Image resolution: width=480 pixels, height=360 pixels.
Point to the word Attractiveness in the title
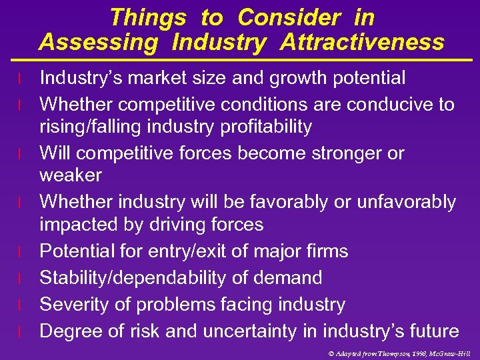point(362,43)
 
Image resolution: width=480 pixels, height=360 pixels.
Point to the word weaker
point(71,175)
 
